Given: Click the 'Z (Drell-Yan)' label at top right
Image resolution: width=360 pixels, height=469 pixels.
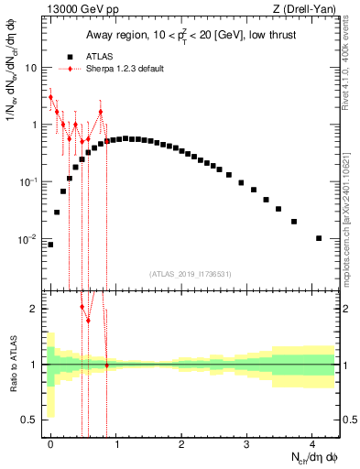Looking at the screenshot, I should tap(307, 9).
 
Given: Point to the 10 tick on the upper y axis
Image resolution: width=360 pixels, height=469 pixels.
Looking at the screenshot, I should tap(32, 68).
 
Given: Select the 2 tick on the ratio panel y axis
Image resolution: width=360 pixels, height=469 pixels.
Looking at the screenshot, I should tap(36, 309).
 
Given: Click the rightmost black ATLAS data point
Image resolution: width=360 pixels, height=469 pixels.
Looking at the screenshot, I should tap(319, 238).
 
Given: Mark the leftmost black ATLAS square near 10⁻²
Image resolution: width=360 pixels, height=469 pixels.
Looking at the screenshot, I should tap(50, 245).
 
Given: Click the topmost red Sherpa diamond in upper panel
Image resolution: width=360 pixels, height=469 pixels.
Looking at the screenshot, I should tap(50, 96).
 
